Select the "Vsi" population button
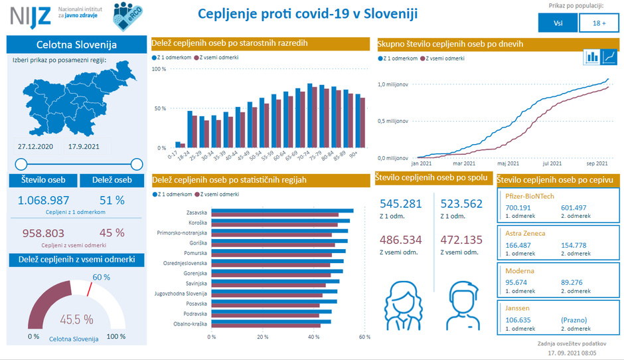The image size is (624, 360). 558,23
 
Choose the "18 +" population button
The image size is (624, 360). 599,23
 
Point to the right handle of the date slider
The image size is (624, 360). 137,164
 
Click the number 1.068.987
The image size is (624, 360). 44,200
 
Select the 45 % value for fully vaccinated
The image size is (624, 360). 112,232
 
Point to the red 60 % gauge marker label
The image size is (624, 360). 101,277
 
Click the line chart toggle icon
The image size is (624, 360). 608,58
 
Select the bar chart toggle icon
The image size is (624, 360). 591,58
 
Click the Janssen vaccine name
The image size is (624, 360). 518,308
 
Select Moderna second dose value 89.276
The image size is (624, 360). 576,282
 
